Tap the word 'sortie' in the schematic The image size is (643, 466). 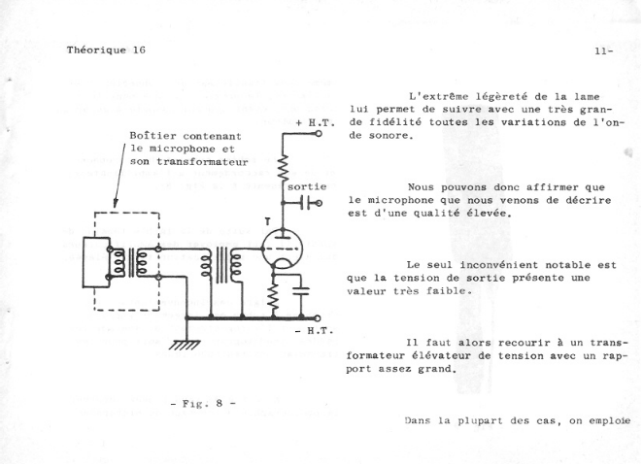coord(306,184)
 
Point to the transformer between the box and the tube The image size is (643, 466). coord(220,264)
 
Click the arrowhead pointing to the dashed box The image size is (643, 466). coord(115,207)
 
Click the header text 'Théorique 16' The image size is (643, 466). coord(106,49)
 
